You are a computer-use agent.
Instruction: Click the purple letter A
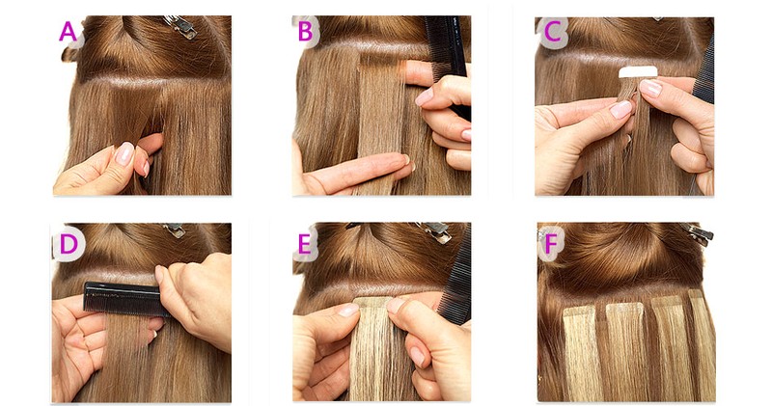[68, 32]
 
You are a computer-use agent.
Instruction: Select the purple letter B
[305, 31]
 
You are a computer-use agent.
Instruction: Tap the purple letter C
[552, 32]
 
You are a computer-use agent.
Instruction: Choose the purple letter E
[305, 244]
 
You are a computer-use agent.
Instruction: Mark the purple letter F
[550, 244]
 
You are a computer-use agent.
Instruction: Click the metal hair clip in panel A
[181, 26]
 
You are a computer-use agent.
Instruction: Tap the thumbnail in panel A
[124, 153]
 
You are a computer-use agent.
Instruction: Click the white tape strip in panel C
[638, 72]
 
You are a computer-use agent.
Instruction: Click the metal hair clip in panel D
[175, 230]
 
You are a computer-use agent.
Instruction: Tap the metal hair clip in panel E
[434, 231]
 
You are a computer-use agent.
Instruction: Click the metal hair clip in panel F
[698, 232]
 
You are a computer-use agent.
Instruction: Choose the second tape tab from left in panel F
[624, 311]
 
